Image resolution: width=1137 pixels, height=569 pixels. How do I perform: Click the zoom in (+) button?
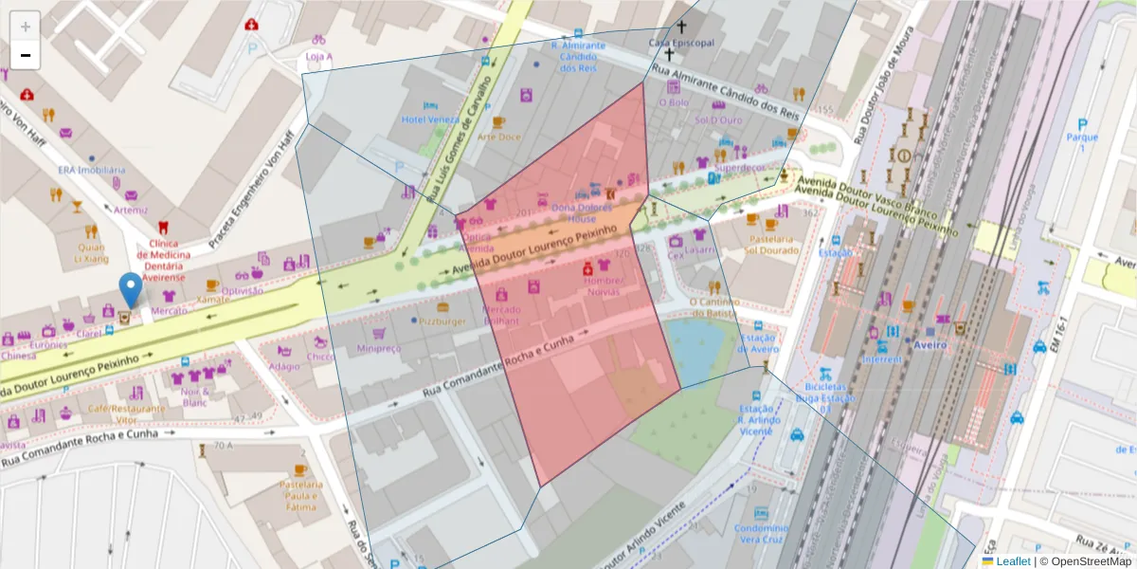[26, 26]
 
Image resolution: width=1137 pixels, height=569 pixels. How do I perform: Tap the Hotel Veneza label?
[429, 119]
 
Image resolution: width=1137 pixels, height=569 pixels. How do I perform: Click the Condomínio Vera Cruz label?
[761, 533]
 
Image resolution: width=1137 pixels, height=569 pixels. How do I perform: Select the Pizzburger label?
[442, 321]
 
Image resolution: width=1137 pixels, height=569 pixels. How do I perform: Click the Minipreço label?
[379, 348]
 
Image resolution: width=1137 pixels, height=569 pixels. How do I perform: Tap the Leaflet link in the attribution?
[1012, 561]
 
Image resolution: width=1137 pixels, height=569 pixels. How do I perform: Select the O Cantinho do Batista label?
[713, 307]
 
